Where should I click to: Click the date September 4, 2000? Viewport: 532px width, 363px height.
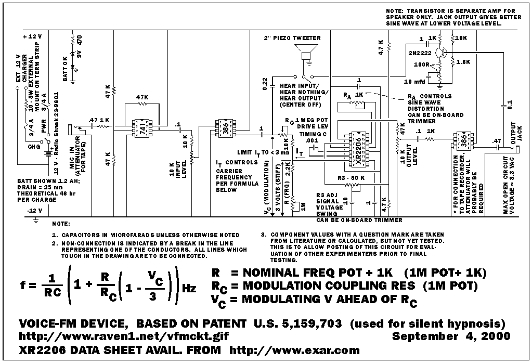point(451,336)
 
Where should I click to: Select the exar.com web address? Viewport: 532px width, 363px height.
point(294,350)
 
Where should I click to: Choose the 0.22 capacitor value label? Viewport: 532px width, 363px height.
point(265,84)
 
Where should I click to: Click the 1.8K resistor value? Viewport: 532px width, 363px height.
point(464,61)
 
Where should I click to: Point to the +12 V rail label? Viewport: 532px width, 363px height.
point(32,37)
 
